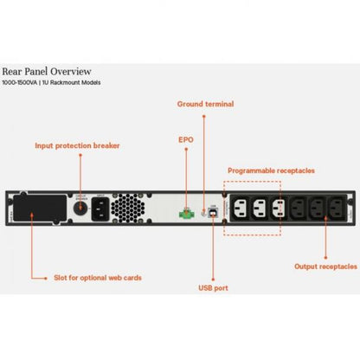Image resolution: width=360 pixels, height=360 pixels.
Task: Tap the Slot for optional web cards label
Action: point(97,278)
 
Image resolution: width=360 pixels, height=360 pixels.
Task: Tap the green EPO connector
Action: point(184,210)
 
